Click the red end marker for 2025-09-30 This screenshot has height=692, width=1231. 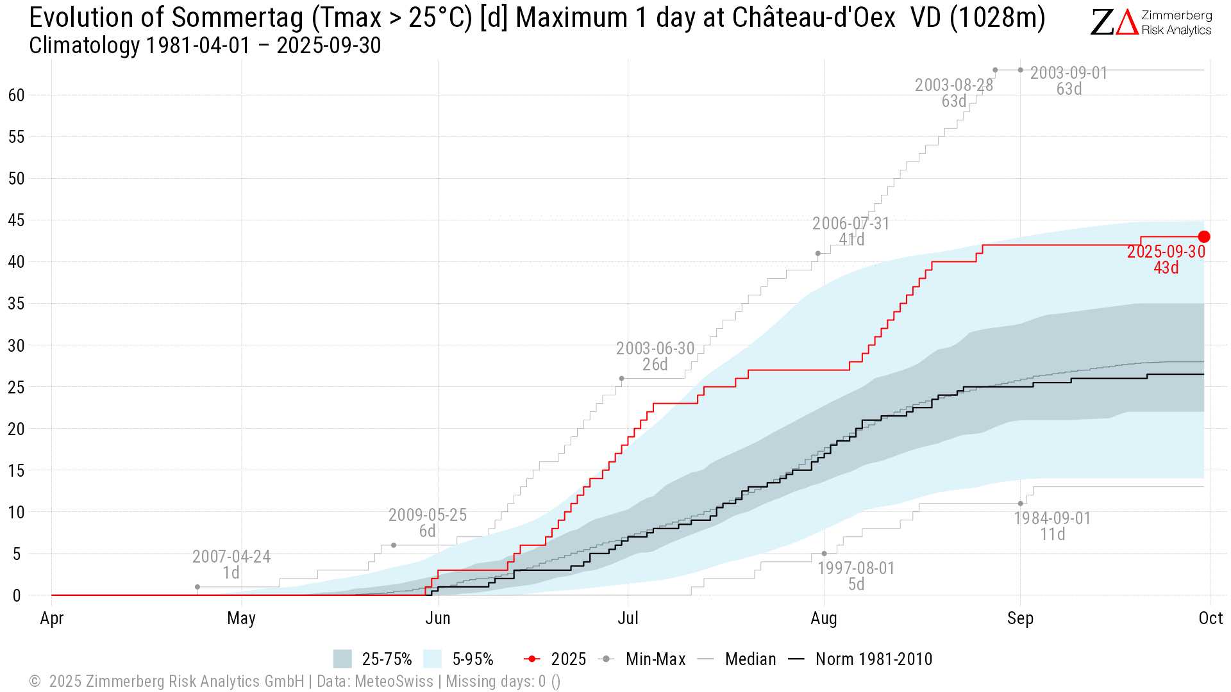tap(1204, 237)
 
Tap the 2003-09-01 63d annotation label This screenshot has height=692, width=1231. tap(1069, 81)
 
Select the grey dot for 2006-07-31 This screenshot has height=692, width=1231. tap(817, 253)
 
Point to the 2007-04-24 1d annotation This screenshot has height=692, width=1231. tap(231, 564)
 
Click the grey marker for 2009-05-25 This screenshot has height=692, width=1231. tap(394, 545)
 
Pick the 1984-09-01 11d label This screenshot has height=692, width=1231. tap(1052, 526)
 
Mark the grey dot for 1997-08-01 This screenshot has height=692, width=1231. tap(824, 554)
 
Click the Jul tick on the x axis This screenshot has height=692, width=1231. tap(628, 618)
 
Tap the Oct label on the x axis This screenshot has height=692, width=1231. tap(1210, 618)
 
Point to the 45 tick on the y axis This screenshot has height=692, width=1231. tap(16, 220)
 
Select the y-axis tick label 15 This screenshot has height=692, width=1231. tap(16, 471)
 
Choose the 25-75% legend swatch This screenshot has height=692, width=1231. tap(342, 659)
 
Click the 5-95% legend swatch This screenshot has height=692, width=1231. tap(433, 659)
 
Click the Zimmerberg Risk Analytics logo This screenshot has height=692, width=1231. tap(1151, 22)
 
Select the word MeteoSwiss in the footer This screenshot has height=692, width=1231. tap(394, 681)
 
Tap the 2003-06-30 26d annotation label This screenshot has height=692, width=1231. tap(655, 356)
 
